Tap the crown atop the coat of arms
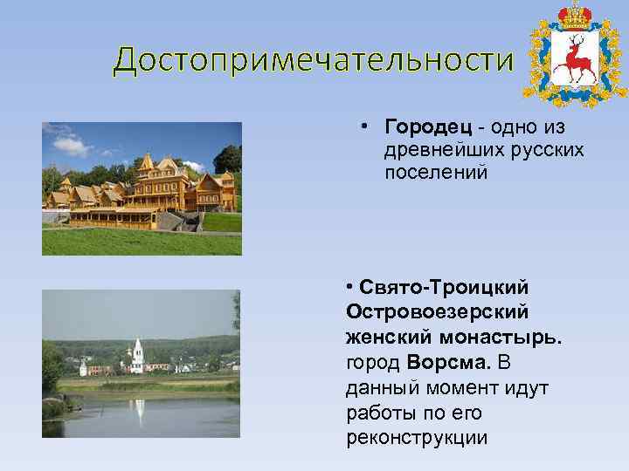pos(576,16)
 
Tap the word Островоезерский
pos(437,311)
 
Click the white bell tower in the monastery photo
pos(138,355)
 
